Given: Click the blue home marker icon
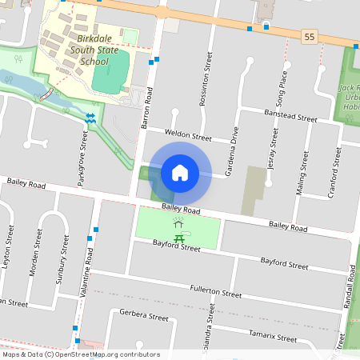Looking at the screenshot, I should pos(180,172).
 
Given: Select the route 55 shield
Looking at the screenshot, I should pos(309,37).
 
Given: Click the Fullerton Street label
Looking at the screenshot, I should pos(215,290).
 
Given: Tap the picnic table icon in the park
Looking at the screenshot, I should pos(181,238).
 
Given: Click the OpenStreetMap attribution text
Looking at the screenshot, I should pos(80,354).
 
